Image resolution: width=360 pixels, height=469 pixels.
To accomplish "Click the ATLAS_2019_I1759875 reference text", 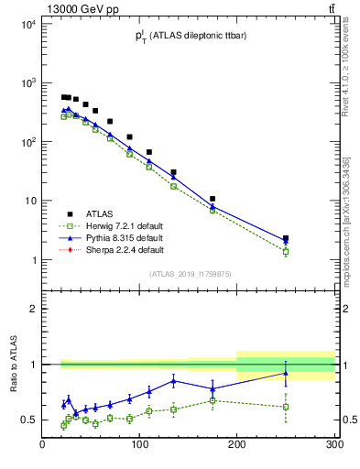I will (x=189, y=273).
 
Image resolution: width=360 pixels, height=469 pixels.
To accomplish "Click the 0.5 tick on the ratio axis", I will (x=29, y=420).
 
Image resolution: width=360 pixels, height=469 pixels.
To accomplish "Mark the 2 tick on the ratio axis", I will (x=33, y=309).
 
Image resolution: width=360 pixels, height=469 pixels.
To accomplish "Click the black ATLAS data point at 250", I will (x=286, y=238).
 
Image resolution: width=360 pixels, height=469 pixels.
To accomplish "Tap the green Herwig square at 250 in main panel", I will (x=286, y=251).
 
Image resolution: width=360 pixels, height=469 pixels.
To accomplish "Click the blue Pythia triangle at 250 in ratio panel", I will (x=286, y=373).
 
